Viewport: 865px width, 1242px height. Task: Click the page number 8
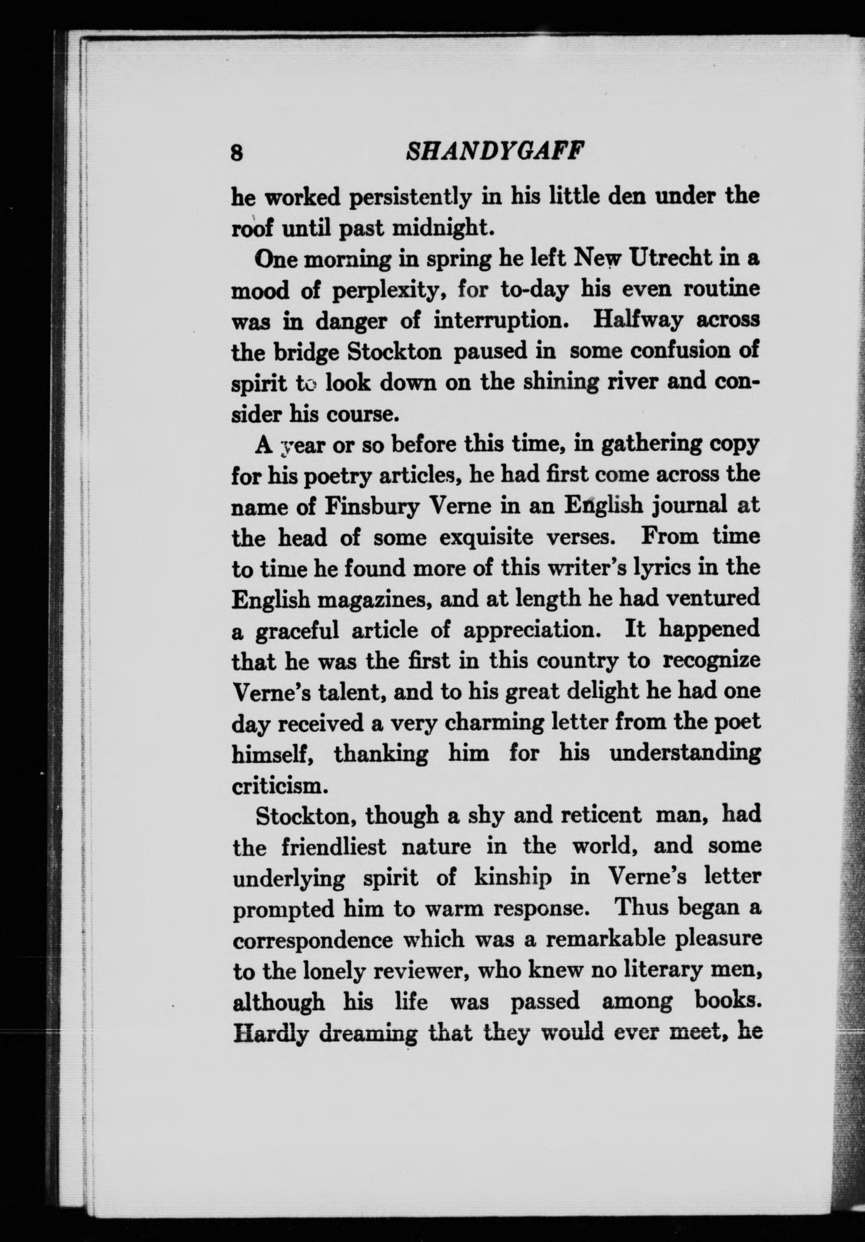coord(236,153)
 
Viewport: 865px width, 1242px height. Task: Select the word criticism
coord(280,786)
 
